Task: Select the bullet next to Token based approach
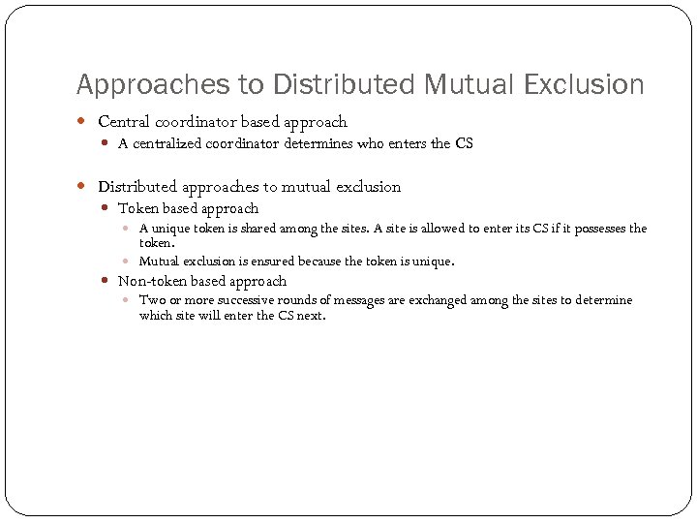click(106, 209)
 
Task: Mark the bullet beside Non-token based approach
click(106, 282)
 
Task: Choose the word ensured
click(269, 261)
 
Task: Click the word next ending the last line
click(310, 316)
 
